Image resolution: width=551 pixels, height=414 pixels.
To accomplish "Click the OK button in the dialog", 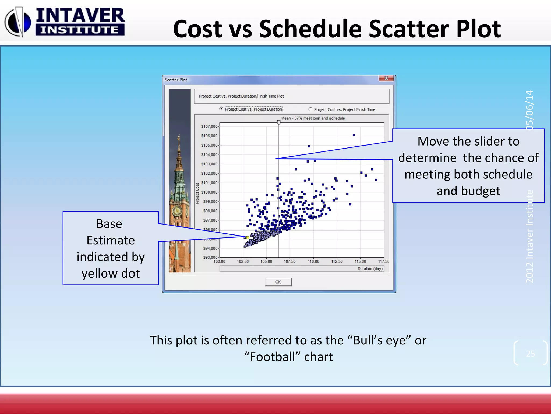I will point(278,282).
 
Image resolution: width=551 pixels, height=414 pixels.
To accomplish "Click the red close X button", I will point(386,78).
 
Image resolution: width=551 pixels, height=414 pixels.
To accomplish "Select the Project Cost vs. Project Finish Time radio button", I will point(310,109).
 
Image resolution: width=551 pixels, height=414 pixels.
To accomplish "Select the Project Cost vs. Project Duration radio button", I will point(221,109).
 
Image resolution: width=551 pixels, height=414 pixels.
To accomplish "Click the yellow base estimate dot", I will point(248,237).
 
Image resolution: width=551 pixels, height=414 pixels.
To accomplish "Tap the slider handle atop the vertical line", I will point(279,122).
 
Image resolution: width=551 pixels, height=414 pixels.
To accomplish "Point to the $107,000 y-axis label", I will point(209,126).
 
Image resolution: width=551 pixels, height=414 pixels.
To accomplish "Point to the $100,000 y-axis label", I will point(209,192).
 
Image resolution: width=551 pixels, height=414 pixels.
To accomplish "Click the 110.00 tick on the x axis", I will point(313,261).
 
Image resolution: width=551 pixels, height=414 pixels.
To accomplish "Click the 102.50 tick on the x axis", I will point(243,261).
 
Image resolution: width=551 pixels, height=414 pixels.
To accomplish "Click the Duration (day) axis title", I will point(370,269).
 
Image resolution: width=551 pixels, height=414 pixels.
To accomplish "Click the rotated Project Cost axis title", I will point(197,193).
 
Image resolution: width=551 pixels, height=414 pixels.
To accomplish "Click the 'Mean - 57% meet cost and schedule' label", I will point(313,118).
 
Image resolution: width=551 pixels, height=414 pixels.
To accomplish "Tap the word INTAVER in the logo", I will point(80,16).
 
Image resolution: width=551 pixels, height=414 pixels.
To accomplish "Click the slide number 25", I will point(530,354).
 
